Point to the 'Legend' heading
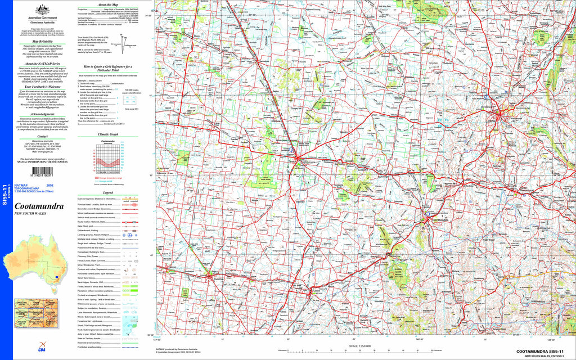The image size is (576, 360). tap(107, 192)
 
